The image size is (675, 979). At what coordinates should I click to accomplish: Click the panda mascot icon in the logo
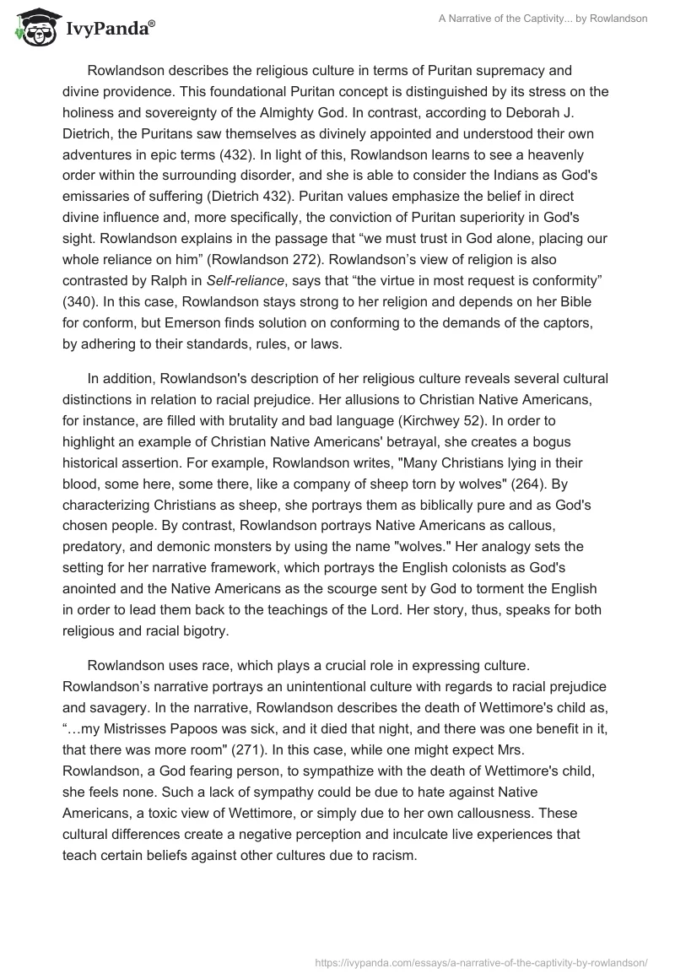point(35,30)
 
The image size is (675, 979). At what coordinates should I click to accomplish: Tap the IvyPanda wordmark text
point(108,32)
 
